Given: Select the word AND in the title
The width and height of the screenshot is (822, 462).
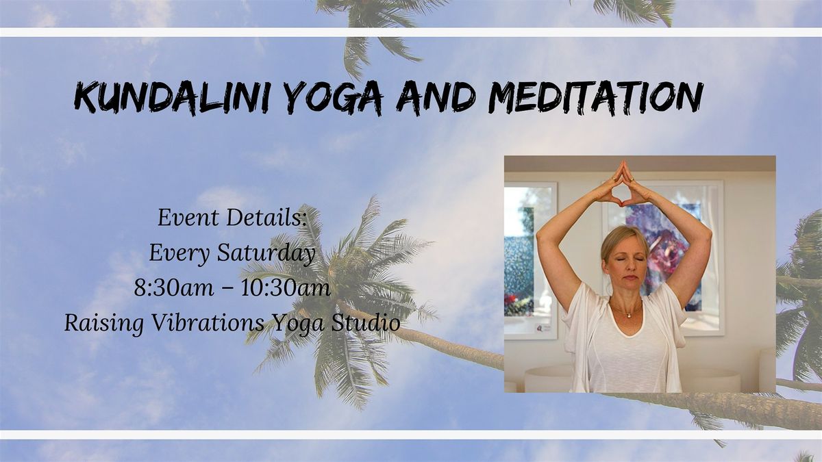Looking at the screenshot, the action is (436, 97).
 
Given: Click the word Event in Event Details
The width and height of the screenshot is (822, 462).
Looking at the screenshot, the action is (188, 218).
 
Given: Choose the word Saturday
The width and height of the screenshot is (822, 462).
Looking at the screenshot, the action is (266, 254).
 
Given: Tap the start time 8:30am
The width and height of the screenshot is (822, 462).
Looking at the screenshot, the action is (174, 288).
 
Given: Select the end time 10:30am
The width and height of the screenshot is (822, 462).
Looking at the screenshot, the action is (286, 288).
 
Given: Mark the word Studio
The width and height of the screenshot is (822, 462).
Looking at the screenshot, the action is (366, 322).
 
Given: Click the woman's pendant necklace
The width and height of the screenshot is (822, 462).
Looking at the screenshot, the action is (628, 314).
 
